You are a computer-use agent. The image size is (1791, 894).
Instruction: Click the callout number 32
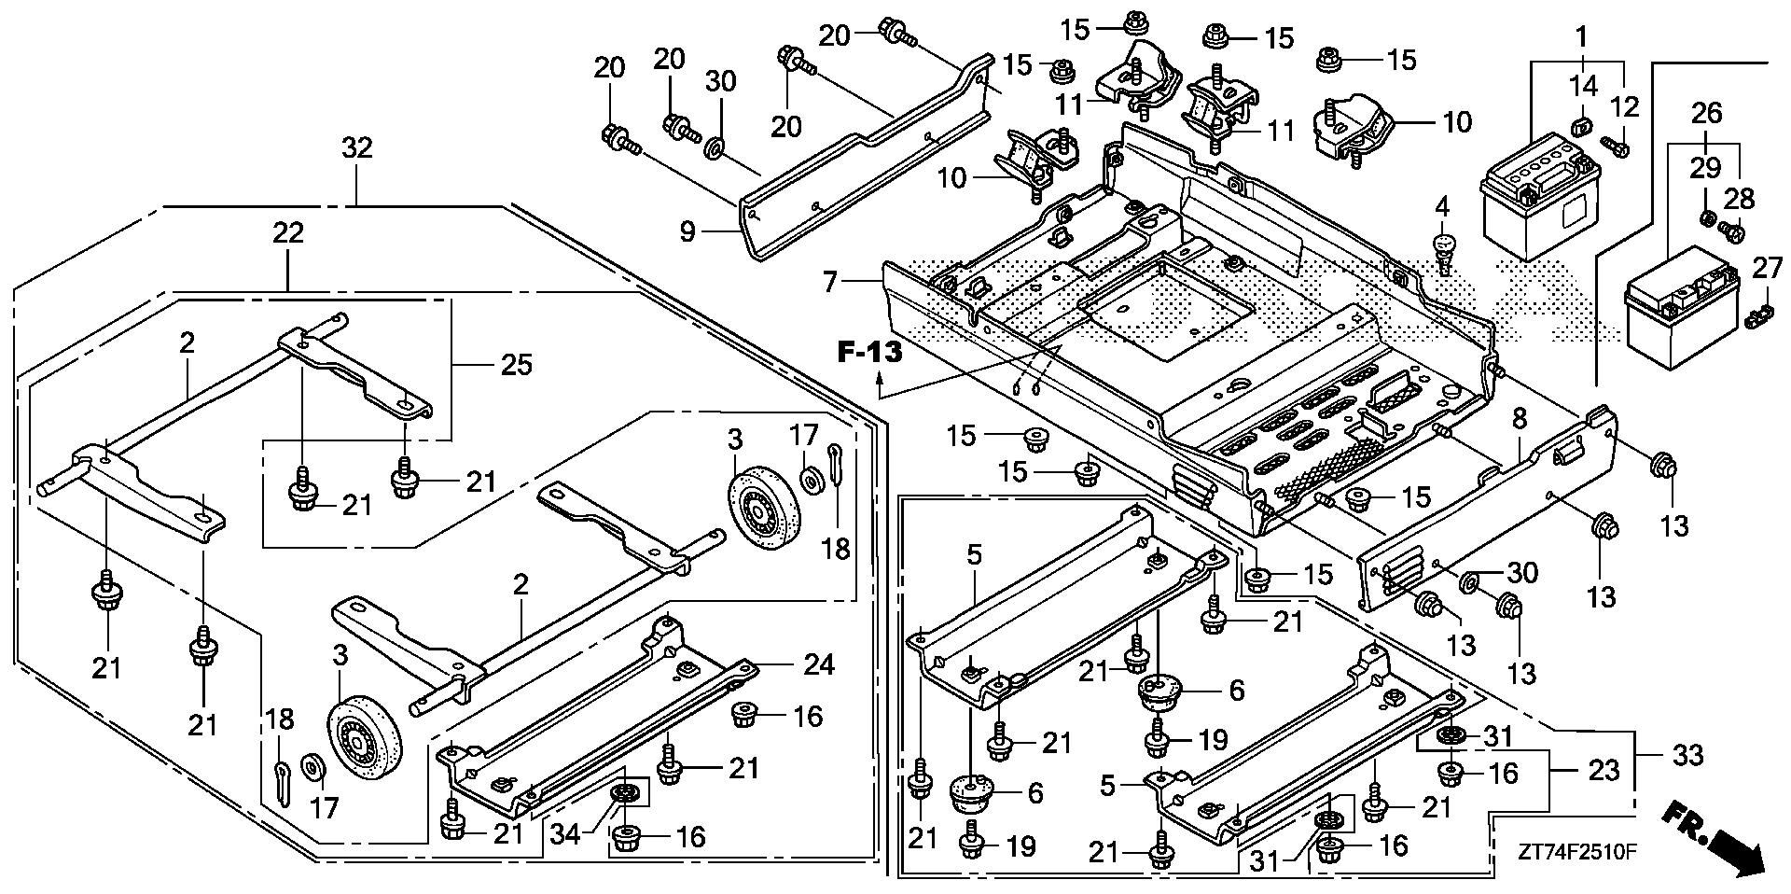[x=357, y=148]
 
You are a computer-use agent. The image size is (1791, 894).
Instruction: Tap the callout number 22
[x=287, y=232]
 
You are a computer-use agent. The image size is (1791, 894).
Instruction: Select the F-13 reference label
[x=870, y=352]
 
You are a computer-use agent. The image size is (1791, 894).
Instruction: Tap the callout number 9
[x=687, y=231]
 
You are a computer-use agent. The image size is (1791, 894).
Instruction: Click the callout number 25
[x=516, y=364]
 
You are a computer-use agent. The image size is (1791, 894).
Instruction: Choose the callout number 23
[x=1604, y=771]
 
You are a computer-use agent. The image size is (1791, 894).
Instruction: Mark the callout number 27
[x=1767, y=268]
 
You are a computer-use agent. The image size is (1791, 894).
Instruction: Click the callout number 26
[x=1707, y=114]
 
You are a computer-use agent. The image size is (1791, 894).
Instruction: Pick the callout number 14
[x=1583, y=86]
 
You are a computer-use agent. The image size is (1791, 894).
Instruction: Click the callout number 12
[x=1624, y=106]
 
